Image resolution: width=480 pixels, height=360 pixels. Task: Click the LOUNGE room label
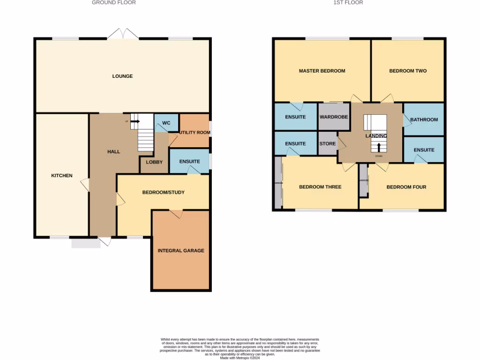click(122, 76)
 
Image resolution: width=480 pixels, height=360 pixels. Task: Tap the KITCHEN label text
click(62, 176)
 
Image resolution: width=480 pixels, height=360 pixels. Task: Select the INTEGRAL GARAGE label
click(181, 251)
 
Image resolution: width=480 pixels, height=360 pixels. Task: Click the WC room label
click(166, 123)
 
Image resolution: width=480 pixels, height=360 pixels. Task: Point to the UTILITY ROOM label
click(194, 133)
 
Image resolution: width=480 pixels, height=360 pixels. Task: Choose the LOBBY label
click(154, 162)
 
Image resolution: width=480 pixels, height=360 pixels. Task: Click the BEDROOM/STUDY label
click(163, 192)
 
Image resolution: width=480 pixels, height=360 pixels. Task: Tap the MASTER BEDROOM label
click(322, 71)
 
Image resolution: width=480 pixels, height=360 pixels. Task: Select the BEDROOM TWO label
click(408, 71)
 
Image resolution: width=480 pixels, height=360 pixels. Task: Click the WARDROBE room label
click(334, 117)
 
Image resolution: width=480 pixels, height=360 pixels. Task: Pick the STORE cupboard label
click(327, 144)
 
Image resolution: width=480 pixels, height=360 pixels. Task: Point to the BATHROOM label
click(424, 120)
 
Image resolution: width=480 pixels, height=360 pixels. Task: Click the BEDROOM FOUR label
click(406, 187)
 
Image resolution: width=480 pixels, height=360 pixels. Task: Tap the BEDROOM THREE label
click(320, 187)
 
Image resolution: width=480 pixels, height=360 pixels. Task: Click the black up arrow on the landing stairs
click(379, 147)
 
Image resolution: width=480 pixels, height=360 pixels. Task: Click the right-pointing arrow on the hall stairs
click(135, 121)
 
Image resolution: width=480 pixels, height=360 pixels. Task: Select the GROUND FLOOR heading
click(113, 3)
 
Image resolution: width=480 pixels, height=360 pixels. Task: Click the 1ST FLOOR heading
click(348, 3)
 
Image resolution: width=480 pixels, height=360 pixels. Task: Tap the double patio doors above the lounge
click(123, 34)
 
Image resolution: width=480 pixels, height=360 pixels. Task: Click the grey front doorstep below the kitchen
click(86, 243)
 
